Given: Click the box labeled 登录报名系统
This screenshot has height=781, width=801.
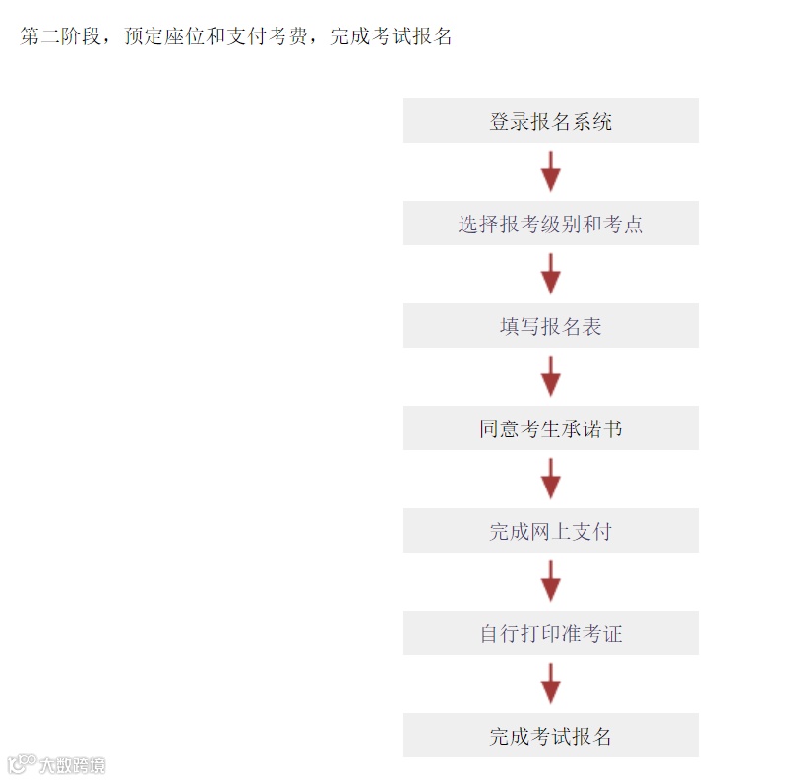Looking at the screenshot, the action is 550,121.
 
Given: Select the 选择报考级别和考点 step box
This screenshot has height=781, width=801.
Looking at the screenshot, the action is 550,224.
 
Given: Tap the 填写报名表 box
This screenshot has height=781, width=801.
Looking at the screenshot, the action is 550,326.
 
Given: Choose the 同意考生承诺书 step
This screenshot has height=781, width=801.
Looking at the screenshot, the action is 550,428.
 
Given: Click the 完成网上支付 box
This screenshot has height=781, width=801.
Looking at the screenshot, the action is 550,531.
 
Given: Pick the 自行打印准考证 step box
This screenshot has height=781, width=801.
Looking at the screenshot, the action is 550,633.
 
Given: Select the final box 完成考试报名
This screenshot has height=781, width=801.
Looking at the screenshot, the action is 550,736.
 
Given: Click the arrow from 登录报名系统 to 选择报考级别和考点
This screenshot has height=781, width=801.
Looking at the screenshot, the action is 550,171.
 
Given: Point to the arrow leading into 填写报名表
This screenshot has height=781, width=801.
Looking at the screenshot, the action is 550,274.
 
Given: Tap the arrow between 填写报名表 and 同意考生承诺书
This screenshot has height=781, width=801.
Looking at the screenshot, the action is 550,376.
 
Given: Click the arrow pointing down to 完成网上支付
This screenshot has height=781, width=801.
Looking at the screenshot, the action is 550,479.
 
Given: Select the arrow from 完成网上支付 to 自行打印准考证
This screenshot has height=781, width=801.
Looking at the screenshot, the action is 550,581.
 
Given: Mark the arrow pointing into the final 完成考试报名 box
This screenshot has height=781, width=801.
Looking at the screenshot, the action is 550,683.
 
